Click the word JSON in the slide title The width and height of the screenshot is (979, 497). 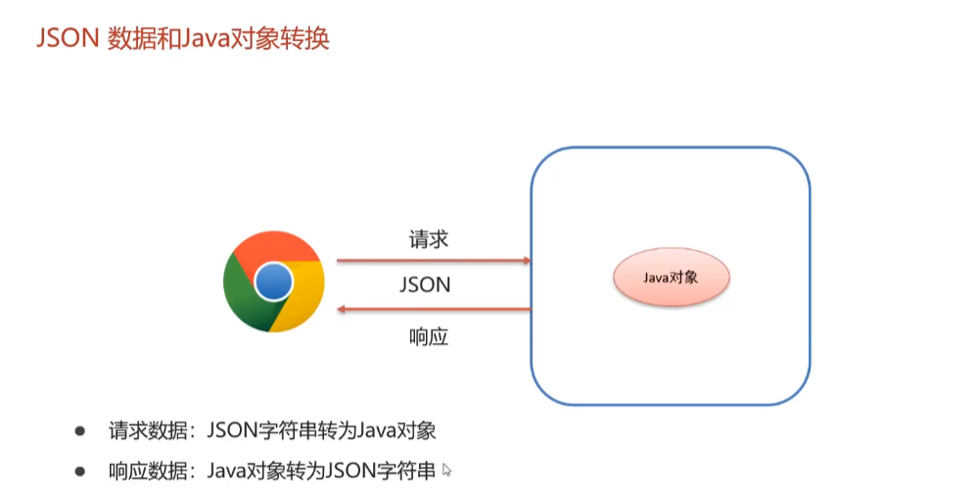point(65,39)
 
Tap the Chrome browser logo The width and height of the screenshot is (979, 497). point(273,283)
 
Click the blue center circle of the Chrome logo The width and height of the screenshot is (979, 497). point(273,283)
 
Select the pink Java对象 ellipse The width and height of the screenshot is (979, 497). point(671,277)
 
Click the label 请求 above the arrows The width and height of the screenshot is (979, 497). point(429,239)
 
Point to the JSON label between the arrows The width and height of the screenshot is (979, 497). point(425,285)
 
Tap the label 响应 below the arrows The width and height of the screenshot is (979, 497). point(428,336)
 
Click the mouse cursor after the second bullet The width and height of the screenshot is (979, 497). point(447,471)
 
